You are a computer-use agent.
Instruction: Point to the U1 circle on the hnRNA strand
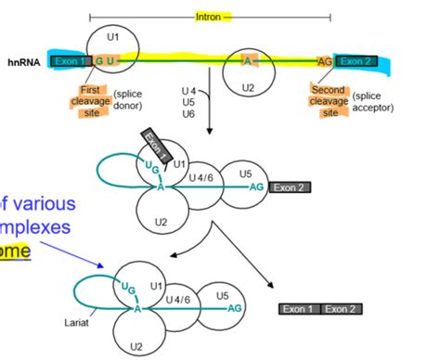112,43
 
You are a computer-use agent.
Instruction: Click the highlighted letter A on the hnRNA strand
248,60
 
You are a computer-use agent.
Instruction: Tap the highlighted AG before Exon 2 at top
324,61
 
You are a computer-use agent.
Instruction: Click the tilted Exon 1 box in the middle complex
155,145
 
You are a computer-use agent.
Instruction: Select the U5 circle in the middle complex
245,173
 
